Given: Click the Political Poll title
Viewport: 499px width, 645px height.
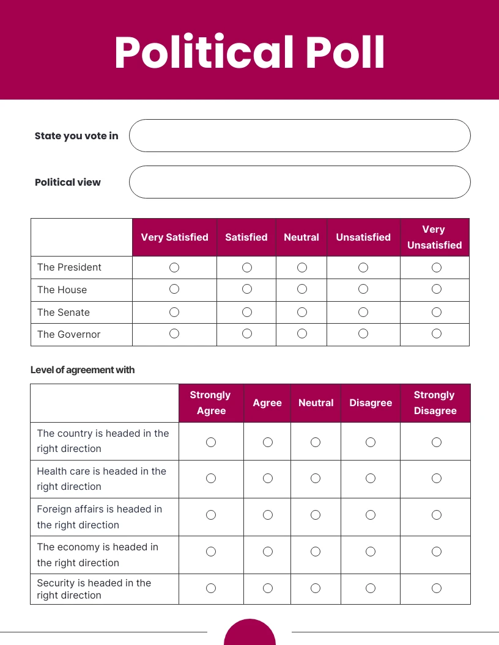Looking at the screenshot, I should pos(250,53).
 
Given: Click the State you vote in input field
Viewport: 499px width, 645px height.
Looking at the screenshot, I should pos(300,136).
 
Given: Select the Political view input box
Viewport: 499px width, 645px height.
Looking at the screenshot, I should pos(300,182).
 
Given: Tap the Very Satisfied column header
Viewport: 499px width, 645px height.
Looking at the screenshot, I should pos(174,237).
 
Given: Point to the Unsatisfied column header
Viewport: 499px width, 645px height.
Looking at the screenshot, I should pos(363,237).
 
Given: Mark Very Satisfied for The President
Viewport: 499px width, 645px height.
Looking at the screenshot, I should pos(174,268).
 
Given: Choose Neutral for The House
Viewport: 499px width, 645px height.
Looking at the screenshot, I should pos(302,290).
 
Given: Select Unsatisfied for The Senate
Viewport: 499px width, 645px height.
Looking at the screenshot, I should pos(363,312).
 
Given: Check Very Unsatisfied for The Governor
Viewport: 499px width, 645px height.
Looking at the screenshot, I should pos(437,333).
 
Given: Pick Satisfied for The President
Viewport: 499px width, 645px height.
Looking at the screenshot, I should pos(247,268).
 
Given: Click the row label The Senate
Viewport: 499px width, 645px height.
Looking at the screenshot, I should pos(64,312).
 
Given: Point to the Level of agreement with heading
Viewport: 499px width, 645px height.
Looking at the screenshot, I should pos(83,370).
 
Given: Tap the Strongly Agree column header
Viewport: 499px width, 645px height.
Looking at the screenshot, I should pos(211,403).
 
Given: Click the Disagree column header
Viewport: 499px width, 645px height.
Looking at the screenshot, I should pos(371,403).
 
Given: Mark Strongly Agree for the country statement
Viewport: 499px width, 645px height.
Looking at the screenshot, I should pos(211,442).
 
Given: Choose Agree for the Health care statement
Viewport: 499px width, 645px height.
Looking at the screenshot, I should pos(268,478).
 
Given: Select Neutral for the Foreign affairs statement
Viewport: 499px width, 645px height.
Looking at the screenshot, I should pos(316,515).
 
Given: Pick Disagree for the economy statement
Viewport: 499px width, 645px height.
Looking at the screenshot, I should pos(371,552).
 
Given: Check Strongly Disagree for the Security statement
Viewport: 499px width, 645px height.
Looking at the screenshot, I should pos(437,588).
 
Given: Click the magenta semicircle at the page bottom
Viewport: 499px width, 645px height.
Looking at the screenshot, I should pos(250,634).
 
